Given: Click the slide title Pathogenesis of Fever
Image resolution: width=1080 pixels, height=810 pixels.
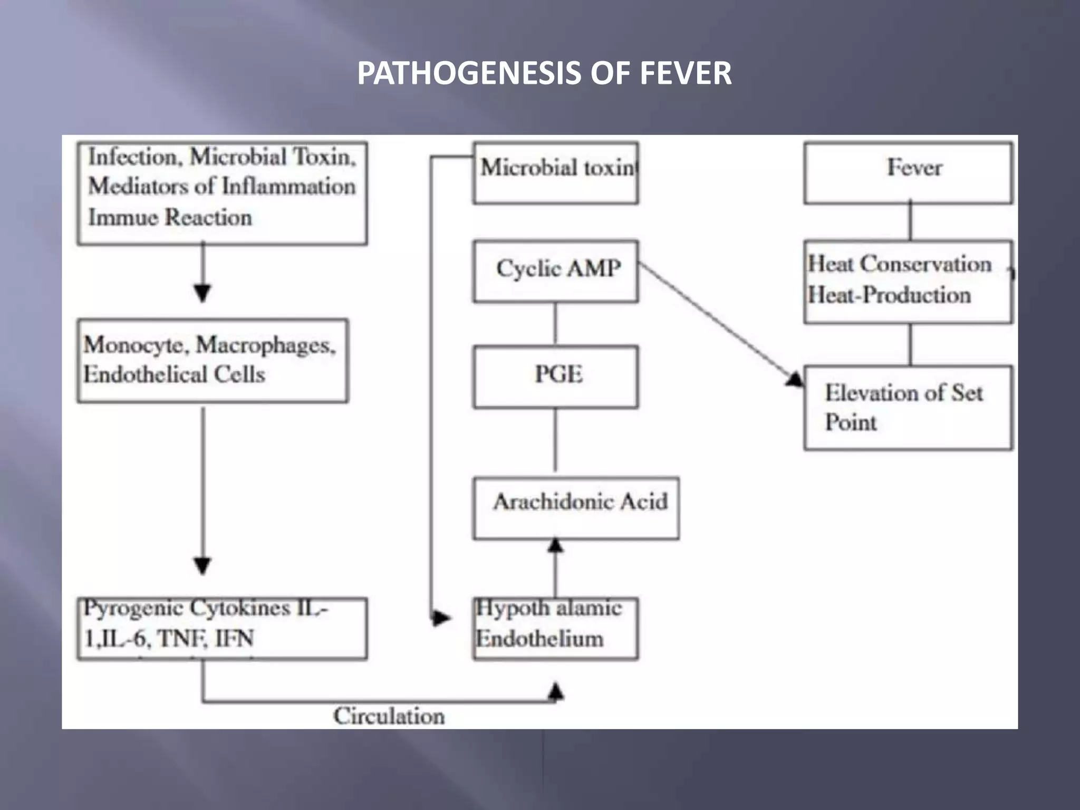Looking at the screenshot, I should coord(544,73).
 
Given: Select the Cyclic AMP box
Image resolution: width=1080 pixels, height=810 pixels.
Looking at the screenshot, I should coord(556,271).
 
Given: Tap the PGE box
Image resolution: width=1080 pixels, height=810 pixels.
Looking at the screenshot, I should coord(556,377).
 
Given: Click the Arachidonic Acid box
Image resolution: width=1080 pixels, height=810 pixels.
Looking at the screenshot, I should coord(576,507).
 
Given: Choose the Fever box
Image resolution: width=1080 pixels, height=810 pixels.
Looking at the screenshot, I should coord(908,172).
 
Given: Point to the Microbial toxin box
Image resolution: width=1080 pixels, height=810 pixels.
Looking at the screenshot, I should coord(556,172).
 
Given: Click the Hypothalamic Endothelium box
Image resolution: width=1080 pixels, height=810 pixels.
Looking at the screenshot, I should coord(556,628).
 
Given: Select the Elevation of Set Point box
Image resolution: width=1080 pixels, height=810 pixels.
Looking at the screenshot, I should coord(908,408).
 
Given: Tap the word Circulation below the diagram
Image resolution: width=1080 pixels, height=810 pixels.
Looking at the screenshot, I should coord(389,716).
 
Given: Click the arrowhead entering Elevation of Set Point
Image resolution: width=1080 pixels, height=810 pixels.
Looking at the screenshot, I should coord(795,379).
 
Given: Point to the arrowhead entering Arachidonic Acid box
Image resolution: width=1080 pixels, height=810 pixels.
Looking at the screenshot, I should coord(555,545).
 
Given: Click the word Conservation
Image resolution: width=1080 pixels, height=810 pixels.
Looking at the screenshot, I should coord(926,264).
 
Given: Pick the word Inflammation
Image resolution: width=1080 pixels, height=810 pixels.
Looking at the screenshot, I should coord(288,186).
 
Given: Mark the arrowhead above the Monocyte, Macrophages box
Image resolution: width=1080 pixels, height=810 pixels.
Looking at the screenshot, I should coord(203,293).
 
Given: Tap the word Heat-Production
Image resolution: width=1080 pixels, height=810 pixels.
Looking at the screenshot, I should coord(889,295).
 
